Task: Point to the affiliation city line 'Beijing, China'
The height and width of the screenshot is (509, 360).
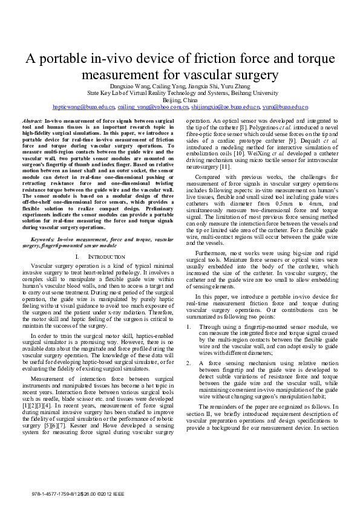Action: click(180, 100)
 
